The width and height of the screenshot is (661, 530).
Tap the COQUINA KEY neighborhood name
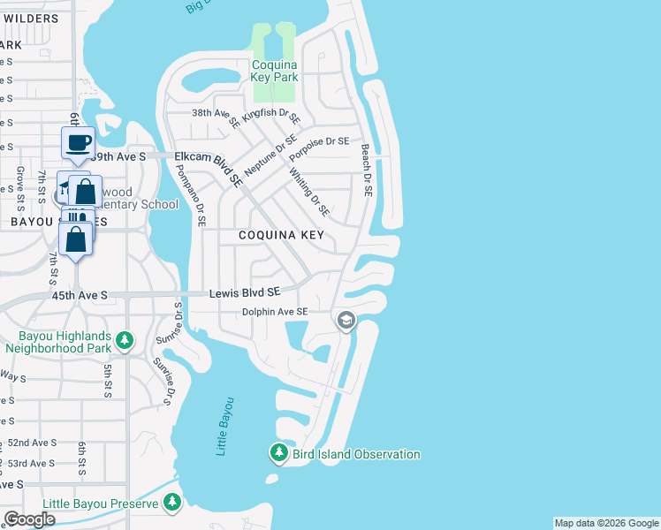(281, 236)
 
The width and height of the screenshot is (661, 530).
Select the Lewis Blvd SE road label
(245, 291)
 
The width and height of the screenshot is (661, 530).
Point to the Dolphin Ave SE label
(276, 312)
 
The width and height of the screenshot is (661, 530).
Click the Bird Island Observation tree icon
(278, 454)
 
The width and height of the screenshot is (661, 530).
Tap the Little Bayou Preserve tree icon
(172, 504)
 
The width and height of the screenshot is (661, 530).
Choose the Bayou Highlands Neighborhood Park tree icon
(125, 340)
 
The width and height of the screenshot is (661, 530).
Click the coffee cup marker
(77, 143)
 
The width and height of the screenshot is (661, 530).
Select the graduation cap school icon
(346, 320)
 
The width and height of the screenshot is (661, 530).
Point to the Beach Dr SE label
(366, 170)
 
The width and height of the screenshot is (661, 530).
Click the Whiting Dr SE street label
(309, 193)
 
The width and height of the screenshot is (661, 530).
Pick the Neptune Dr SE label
(270, 157)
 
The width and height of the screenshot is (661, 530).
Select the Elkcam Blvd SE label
(209, 166)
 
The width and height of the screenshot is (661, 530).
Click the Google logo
(29, 519)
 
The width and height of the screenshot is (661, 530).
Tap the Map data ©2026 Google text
(605, 523)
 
